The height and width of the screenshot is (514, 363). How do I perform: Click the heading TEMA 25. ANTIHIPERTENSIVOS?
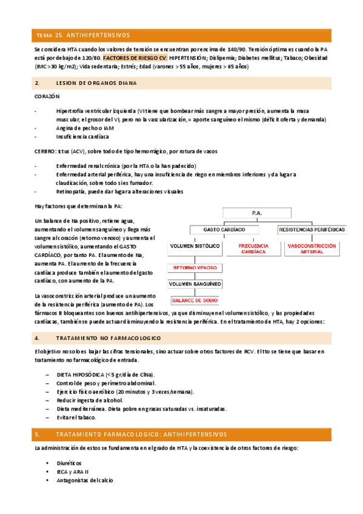[83, 35]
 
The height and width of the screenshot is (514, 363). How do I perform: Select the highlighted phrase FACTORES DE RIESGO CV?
[130, 58]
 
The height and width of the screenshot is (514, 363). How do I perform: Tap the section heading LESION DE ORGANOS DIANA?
[92, 82]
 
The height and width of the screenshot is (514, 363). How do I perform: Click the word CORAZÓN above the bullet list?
[47, 96]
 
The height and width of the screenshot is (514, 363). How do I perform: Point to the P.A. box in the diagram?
[256, 213]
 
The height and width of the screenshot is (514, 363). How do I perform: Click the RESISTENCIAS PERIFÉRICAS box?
[312, 230]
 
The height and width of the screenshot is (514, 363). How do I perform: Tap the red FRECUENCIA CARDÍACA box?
[253, 249]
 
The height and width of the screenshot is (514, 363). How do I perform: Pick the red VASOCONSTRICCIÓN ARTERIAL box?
[311, 249]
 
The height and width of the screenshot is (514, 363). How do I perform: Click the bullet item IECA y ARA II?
[72, 472]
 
